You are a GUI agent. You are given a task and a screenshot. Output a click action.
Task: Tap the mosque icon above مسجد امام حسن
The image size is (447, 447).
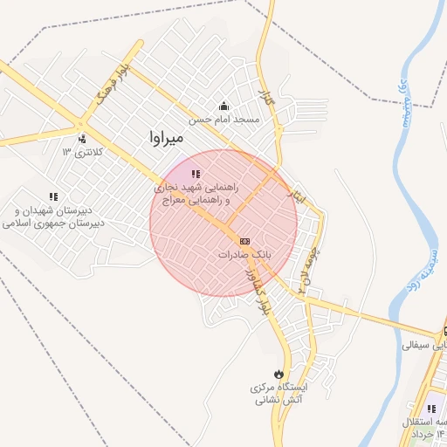223,106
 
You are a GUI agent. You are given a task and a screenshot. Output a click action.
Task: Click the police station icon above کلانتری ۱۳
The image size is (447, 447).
82,138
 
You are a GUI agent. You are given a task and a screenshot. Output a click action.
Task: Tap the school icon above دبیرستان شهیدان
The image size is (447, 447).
53,197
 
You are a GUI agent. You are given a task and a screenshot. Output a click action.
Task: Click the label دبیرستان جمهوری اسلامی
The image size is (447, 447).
54,223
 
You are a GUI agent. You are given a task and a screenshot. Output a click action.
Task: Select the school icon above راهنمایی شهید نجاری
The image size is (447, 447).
196,175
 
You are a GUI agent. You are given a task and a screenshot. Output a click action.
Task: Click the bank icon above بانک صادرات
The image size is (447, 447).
244,240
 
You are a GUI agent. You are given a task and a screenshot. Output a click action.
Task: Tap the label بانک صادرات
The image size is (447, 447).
245,254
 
